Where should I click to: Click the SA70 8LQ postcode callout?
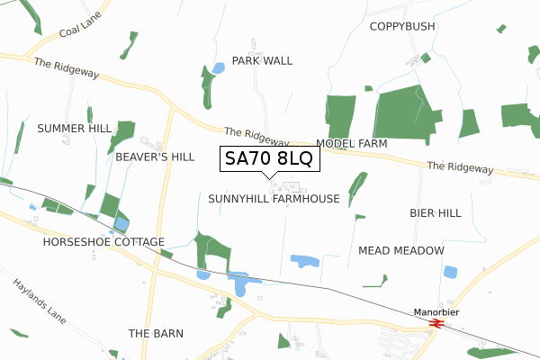click(x=267, y=159)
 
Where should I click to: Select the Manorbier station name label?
click(x=436, y=312)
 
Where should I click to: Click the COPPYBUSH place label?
click(x=402, y=26)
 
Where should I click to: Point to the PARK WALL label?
click(x=262, y=60)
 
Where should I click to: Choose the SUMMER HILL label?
click(x=75, y=129)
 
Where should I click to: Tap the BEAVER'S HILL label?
click(x=155, y=157)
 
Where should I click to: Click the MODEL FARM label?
click(x=352, y=144)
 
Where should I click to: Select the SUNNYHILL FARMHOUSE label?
click(x=274, y=198)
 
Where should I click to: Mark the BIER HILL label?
click(x=436, y=213)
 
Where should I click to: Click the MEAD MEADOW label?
click(x=401, y=250)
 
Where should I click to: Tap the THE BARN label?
click(x=156, y=333)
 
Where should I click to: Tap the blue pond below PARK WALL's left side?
click(x=218, y=68)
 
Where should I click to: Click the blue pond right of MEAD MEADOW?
click(x=450, y=272)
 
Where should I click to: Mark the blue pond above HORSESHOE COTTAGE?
click(x=121, y=224)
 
